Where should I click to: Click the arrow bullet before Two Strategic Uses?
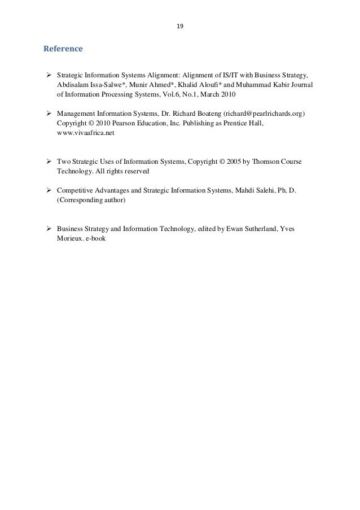coord(49,161)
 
